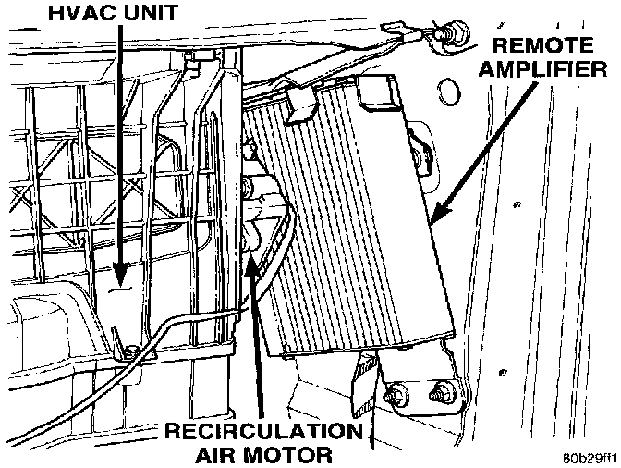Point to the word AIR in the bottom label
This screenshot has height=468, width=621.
point(216,455)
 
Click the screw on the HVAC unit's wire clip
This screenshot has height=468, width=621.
point(132,350)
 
